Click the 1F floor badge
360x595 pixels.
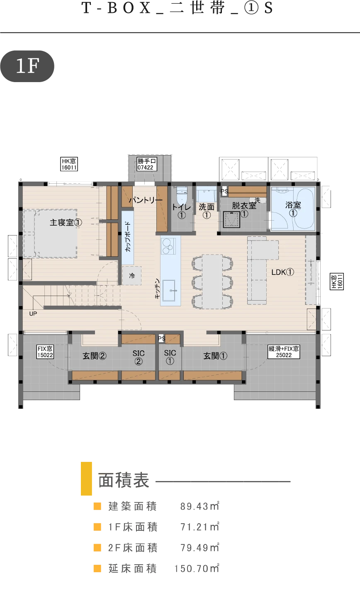27,66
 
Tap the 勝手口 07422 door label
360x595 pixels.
147,164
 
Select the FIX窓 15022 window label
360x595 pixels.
45,352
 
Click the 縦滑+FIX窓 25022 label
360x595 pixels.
284,352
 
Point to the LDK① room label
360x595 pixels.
283,272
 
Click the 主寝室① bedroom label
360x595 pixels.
66,222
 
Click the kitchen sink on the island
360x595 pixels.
169,290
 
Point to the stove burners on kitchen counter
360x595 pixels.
168,246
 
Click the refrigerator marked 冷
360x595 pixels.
132,275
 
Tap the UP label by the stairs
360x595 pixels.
33,314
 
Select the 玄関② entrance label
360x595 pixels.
95,356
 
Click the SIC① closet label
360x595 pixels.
170,357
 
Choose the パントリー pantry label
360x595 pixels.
145,200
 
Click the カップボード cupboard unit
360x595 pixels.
128,238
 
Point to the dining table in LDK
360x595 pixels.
212,282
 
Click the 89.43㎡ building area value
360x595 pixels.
200,506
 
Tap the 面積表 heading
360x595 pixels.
124,480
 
